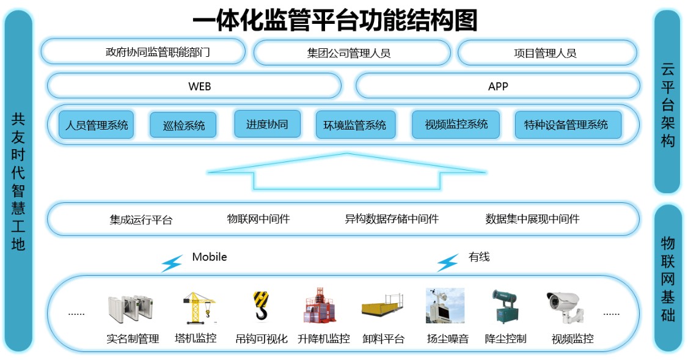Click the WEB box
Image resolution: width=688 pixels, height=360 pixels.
[x=194, y=86]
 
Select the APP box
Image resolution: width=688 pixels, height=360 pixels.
[x=497, y=86]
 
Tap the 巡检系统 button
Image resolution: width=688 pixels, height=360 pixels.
[x=183, y=125]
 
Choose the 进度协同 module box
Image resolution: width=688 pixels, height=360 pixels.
[x=267, y=124]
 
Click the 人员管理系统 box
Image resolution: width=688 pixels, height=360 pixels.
[x=97, y=125]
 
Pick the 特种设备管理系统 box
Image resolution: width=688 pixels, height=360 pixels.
[x=568, y=125]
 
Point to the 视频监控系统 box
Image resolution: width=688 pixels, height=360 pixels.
[x=456, y=124]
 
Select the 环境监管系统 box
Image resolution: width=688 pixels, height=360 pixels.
[x=356, y=125]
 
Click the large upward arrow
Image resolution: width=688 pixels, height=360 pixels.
[x=346, y=171]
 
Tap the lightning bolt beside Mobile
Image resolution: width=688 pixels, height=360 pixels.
[x=172, y=263]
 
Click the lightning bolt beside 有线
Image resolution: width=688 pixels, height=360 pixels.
[x=447, y=263]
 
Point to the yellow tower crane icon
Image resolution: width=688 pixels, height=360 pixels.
[x=199, y=308]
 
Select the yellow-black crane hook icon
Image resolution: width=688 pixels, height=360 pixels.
[x=261, y=306]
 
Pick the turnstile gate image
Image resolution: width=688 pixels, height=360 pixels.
[x=131, y=309]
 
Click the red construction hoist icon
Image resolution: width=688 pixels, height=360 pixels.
[x=320, y=306]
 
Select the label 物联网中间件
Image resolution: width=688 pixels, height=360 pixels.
[x=258, y=219]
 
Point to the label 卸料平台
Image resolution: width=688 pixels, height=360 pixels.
[x=384, y=339]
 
